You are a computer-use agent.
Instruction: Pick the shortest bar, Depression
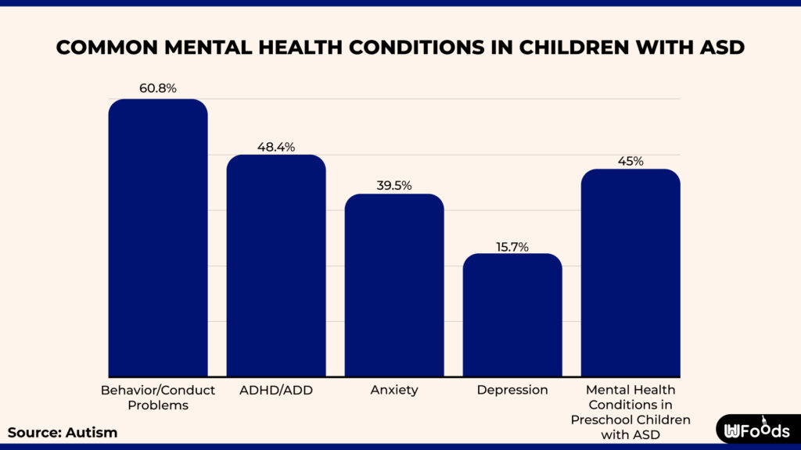click(x=512, y=316)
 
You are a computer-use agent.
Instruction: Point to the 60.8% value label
click(x=158, y=88)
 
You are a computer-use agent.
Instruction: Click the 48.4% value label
click(x=276, y=146)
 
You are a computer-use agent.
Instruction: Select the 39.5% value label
click(x=394, y=185)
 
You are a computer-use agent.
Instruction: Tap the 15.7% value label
click(x=512, y=246)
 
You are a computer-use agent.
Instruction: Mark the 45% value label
click(x=630, y=161)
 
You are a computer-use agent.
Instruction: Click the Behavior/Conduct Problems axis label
click(x=157, y=397)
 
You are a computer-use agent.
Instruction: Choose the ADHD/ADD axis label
click(x=276, y=389)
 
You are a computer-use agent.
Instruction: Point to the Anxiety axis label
click(x=394, y=389)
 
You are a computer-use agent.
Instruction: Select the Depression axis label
click(x=512, y=389)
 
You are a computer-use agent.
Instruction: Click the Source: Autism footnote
click(x=63, y=432)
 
